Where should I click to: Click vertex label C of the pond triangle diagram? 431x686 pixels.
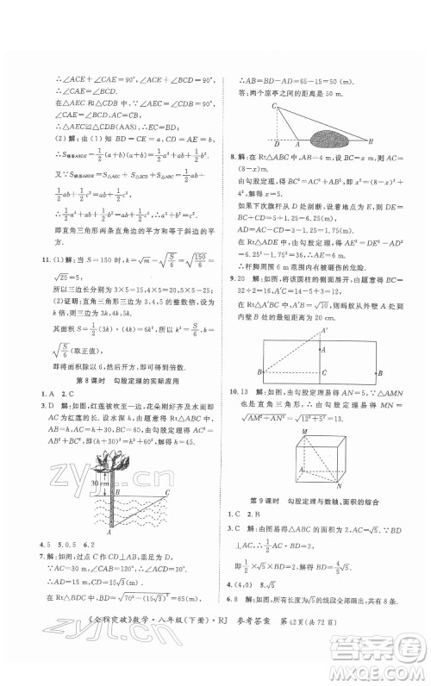(x=274, y=105)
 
